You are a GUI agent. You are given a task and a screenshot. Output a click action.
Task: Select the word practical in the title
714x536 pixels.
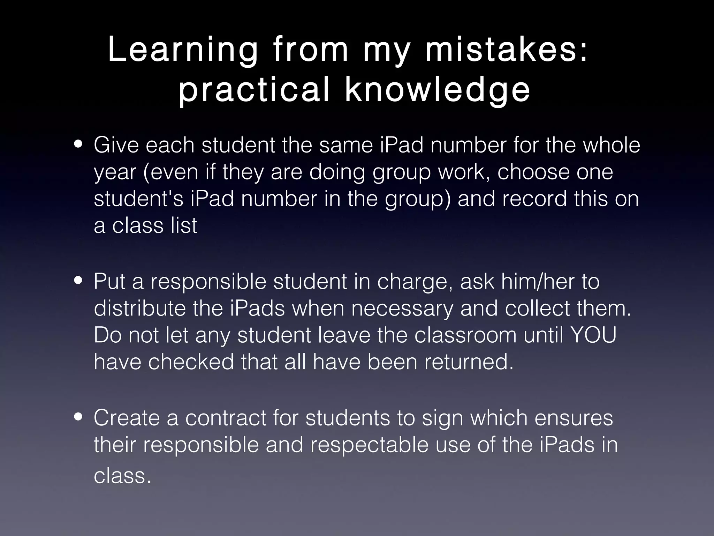click(x=254, y=91)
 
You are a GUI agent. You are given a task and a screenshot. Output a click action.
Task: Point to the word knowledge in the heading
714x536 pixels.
click(x=437, y=91)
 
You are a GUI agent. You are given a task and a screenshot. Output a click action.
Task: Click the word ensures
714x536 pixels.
click(x=574, y=418)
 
